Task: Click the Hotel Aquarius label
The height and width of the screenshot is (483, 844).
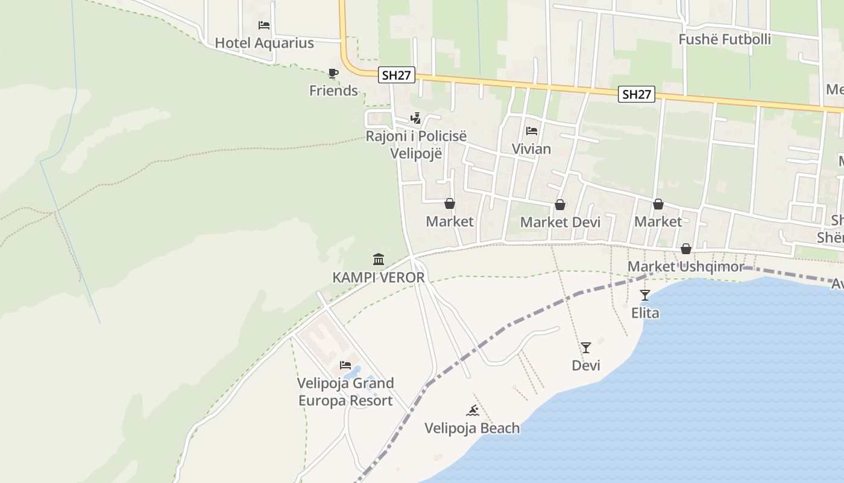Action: [264, 43]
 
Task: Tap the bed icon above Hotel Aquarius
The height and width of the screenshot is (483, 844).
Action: [264, 25]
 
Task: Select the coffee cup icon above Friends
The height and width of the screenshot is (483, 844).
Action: [333, 74]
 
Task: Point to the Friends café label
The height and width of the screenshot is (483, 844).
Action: [333, 91]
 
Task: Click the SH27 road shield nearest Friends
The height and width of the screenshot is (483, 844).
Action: [397, 75]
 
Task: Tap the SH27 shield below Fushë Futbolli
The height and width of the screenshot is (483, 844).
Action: [637, 94]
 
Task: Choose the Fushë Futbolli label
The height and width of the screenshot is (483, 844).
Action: [725, 39]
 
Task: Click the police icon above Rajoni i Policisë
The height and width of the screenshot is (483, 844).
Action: [415, 118]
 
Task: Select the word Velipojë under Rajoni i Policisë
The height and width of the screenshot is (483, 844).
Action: [416, 153]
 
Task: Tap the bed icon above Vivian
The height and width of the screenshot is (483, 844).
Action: [531, 130]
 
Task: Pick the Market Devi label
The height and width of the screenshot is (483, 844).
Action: [560, 222]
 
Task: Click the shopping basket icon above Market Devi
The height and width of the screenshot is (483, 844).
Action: [560, 205]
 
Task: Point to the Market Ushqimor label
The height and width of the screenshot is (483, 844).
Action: [685, 266]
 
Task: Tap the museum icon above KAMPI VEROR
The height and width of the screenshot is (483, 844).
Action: [379, 260]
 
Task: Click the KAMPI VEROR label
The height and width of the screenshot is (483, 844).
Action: [379, 278]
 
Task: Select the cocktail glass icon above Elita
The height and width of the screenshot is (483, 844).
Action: [645, 295]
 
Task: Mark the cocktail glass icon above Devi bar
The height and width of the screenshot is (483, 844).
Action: [585, 348]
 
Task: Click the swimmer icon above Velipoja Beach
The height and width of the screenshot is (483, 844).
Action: [473, 411]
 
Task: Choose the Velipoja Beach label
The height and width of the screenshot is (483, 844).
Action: [472, 428]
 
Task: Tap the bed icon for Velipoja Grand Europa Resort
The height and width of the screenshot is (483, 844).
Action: [345, 365]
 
